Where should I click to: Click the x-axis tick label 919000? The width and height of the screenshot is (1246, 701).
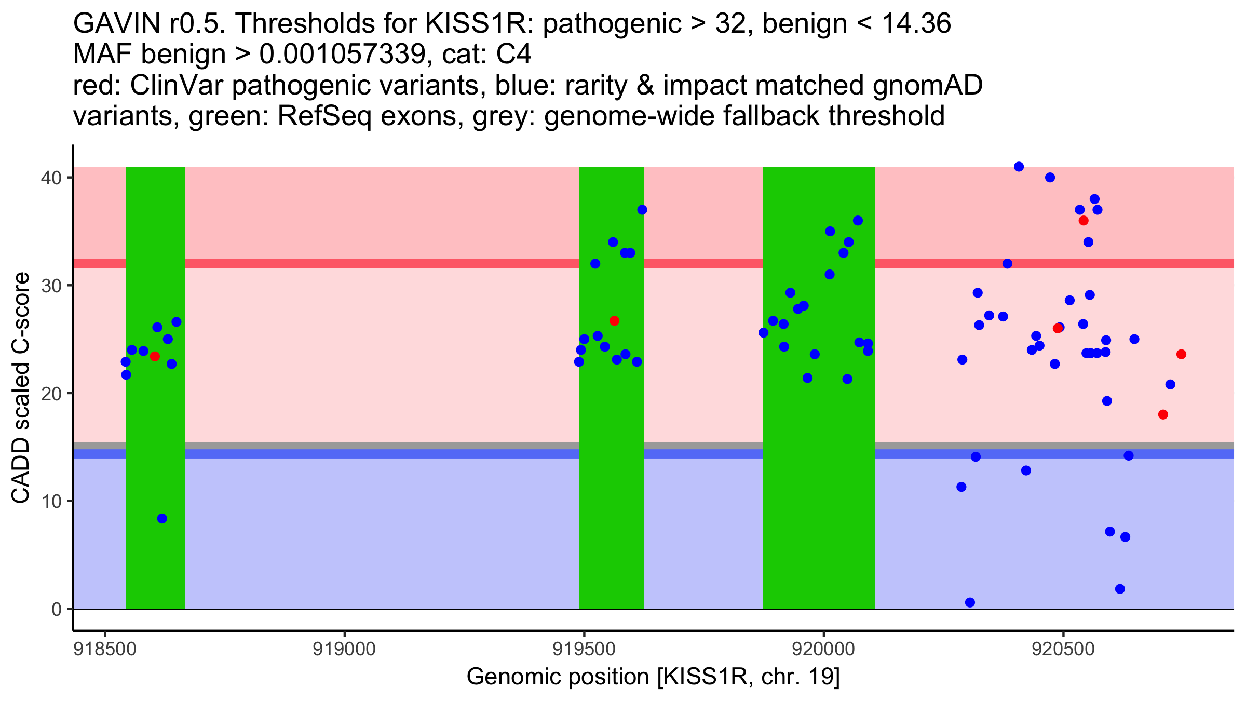click(344, 650)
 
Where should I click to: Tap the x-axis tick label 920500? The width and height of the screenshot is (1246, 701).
click(1063, 650)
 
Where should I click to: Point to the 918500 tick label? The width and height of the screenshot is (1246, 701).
click(105, 650)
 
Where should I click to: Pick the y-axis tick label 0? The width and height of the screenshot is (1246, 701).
click(56, 609)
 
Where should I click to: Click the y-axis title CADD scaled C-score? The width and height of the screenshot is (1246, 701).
click(21, 388)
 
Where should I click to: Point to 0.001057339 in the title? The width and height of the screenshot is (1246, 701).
click(342, 55)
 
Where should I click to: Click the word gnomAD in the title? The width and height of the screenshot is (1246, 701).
click(927, 85)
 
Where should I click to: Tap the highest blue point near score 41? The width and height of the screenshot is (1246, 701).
click(1019, 167)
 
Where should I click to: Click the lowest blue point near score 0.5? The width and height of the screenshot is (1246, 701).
click(970, 602)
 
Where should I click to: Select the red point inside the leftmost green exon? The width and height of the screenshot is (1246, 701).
click(155, 356)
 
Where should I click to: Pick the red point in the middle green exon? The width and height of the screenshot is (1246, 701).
click(614, 321)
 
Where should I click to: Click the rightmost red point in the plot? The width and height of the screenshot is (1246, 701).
click(1181, 354)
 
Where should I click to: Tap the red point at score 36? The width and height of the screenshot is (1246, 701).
click(1084, 221)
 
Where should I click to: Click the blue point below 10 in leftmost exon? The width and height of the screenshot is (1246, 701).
click(162, 518)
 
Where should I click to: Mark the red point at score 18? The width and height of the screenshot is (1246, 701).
click(1163, 414)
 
